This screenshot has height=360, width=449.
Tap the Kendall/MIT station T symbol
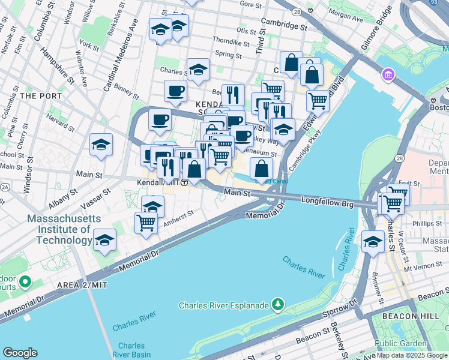(185, 182)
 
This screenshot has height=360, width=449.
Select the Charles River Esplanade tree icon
(277, 305)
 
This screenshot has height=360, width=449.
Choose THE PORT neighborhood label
(37, 95)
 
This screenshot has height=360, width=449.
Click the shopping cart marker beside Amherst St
(146, 223)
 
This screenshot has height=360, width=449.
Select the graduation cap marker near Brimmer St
(373, 242)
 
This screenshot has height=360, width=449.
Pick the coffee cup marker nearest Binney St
(175, 91)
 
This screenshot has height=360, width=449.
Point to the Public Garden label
(400, 344)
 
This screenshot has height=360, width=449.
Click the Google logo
(20, 353)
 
